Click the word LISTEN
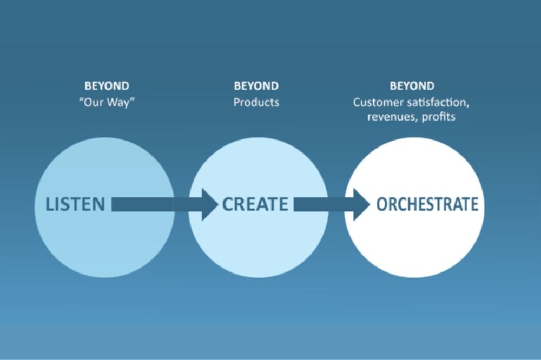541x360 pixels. click(76, 204)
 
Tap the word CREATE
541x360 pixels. click(255, 204)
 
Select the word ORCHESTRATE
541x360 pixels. click(427, 204)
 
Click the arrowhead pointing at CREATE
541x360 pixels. click(209, 204)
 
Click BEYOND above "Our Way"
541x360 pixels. click(107, 86)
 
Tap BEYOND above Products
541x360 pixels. click(256, 86)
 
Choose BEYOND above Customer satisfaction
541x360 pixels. click(412, 86)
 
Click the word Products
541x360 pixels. click(256, 102)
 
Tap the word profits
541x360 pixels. click(438, 117)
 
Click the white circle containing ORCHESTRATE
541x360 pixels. click(414, 242)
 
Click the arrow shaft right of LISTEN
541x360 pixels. click(157, 204)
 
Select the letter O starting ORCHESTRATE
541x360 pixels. click(381, 204)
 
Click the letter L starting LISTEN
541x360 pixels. click(50, 204)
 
